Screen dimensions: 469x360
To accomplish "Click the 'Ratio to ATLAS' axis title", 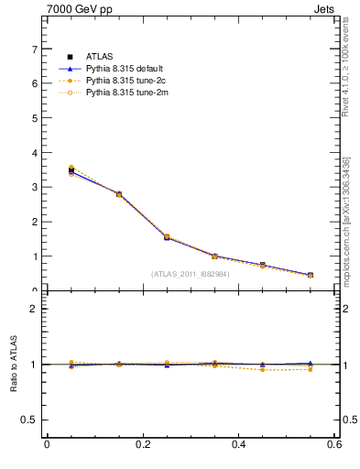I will (x=13, y=365).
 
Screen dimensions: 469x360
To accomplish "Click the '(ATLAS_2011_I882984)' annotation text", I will (x=191, y=274).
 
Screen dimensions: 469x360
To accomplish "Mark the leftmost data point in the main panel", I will (x=71, y=169).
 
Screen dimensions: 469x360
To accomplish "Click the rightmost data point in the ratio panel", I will (x=311, y=365).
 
